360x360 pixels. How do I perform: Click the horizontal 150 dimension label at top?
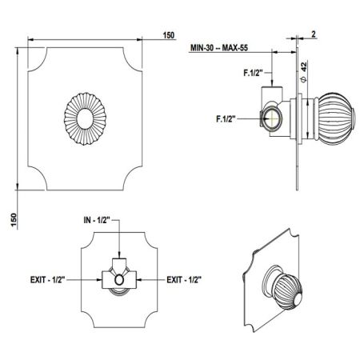coord(169,35)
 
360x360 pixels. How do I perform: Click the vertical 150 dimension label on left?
coord(14,220)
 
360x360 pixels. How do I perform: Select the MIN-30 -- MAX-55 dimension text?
coord(219,48)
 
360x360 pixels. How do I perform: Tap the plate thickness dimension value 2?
coord(314,34)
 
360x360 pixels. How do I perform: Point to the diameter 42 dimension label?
coord(304,71)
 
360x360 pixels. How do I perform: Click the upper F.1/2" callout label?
coord(253,73)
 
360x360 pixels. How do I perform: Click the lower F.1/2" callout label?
coord(226,118)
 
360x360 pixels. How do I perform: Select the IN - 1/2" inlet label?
coord(97,220)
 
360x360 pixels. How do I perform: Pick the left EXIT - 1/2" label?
coord(48,280)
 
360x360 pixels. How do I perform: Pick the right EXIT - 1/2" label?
coord(184,280)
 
